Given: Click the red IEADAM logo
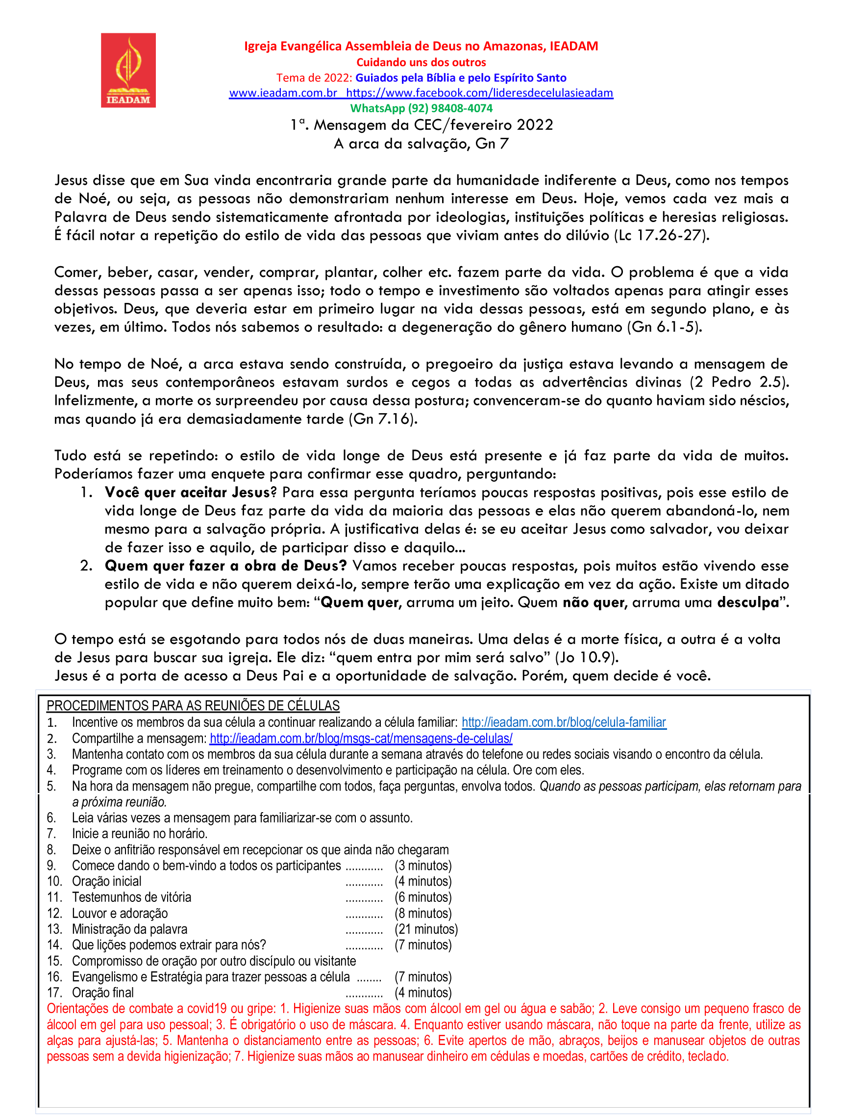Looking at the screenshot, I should pyautogui.click(x=128, y=70).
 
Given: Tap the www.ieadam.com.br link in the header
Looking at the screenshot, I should pyautogui.click(x=283, y=93).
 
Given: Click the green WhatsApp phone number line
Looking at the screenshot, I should pyautogui.click(x=421, y=108).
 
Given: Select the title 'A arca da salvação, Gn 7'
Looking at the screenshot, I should pyautogui.click(x=421, y=144).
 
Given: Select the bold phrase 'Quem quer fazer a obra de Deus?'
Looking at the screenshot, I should pyautogui.click(x=225, y=566).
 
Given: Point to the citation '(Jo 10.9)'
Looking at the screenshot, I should pyautogui.click(x=586, y=658).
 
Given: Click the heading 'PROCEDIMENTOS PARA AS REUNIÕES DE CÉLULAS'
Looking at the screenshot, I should pyautogui.click(x=193, y=706).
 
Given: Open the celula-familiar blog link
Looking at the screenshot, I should pyautogui.click(x=564, y=722).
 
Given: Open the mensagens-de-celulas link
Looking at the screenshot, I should pyautogui.click(x=361, y=739).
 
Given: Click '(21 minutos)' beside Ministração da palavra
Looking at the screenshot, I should pyautogui.click(x=426, y=929).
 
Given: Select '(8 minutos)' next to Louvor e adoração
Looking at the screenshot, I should pyautogui.click(x=423, y=913).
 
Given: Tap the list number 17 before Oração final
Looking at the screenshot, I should pyautogui.click(x=54, y=993).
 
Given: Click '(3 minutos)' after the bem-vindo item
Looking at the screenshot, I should pyautogui.click(x=423, y=865).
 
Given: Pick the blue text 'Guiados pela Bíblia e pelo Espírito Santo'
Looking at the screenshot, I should pyautogui.click(x=460, y=78).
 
